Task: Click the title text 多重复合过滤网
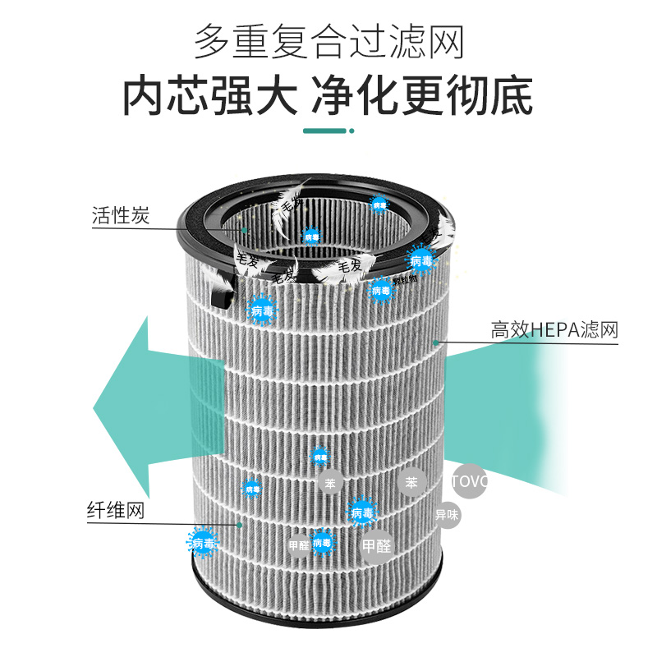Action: pyautogui.click(x=328, y=42)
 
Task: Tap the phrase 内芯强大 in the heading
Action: pyautogui.click(x=209, y=96)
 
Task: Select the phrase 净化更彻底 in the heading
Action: pyautogui.click(x=422, y=96)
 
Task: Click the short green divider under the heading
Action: pyautogui.click(x=328, y=131)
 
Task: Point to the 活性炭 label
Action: pyautogui.click(x=120, y=216)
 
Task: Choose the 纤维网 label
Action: pyautogui.click(x=116, y=511)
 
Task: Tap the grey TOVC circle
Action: pyautogui.click(x=470, y=481)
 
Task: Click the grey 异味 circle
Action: pyautogui.click(x=448, y=515)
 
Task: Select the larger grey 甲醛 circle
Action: pyautogui.click(x=377, y=545)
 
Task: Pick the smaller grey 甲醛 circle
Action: pyautogui.click(x=299, y=544)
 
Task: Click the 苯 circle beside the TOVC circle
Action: pyautogui.click(x=411, y=482)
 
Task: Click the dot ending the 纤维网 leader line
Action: pyautogui.click(x=240, y=523)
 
